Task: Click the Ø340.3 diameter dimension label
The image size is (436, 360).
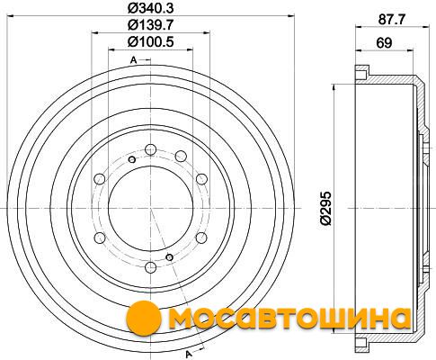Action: point(150,8)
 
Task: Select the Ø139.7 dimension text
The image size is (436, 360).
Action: point(150,25)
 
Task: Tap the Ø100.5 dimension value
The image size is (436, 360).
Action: point(150,41)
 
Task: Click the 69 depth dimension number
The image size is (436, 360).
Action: point(384,43)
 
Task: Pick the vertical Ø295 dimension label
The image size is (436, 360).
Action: point(325,208)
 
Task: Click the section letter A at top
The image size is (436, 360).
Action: point(133,60)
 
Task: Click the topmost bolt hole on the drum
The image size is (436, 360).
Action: point(150,149)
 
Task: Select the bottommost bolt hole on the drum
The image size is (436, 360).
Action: point(150,266)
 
